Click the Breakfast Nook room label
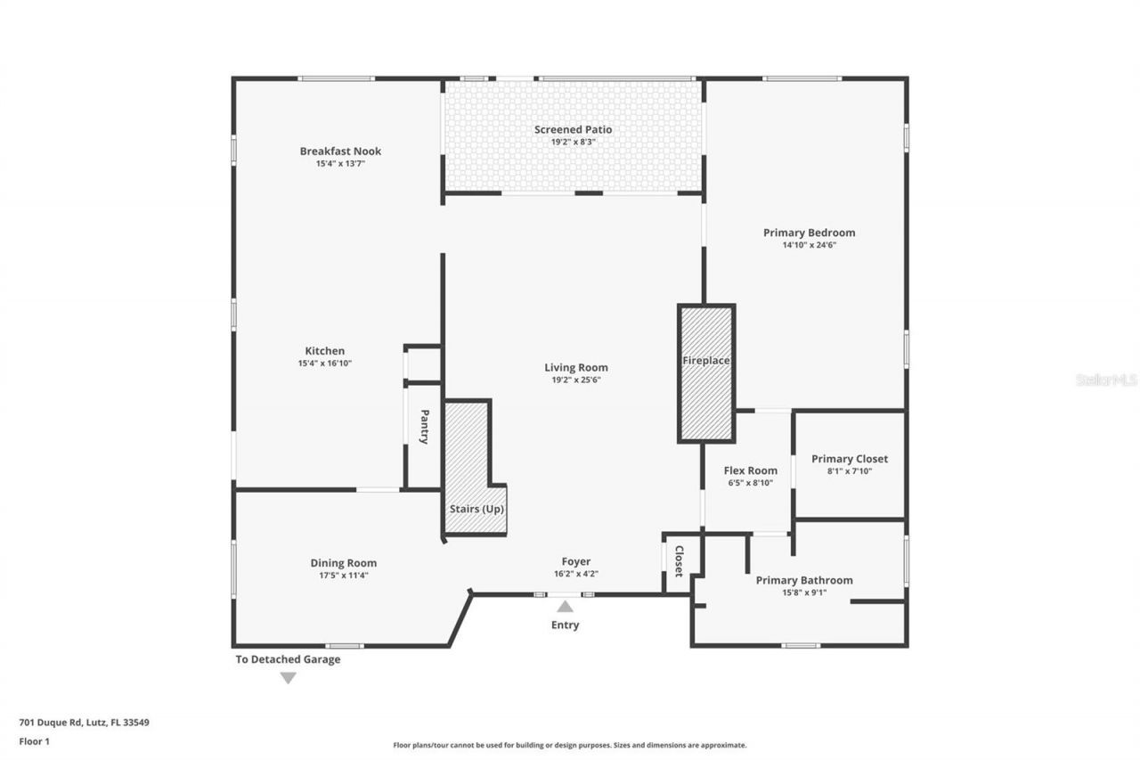coord(340,151)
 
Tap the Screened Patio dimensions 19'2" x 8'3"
coord(573,142)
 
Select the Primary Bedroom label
coord(809,233)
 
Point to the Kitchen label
coord(324,351)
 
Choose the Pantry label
coord(425,426)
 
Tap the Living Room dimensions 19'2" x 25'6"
coord(576,380)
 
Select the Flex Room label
coord(750,470)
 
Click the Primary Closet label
coord(849,459)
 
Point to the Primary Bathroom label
coord(804,580)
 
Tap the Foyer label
coord(575,561)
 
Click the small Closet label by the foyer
coord(679,560)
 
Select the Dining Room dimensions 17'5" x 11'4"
coord(343,576)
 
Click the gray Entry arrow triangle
coord(565,607)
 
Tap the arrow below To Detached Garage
coord(288,678)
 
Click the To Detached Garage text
coord(288,659)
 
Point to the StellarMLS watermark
coord(1106,380)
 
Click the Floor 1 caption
coord(34,740)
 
